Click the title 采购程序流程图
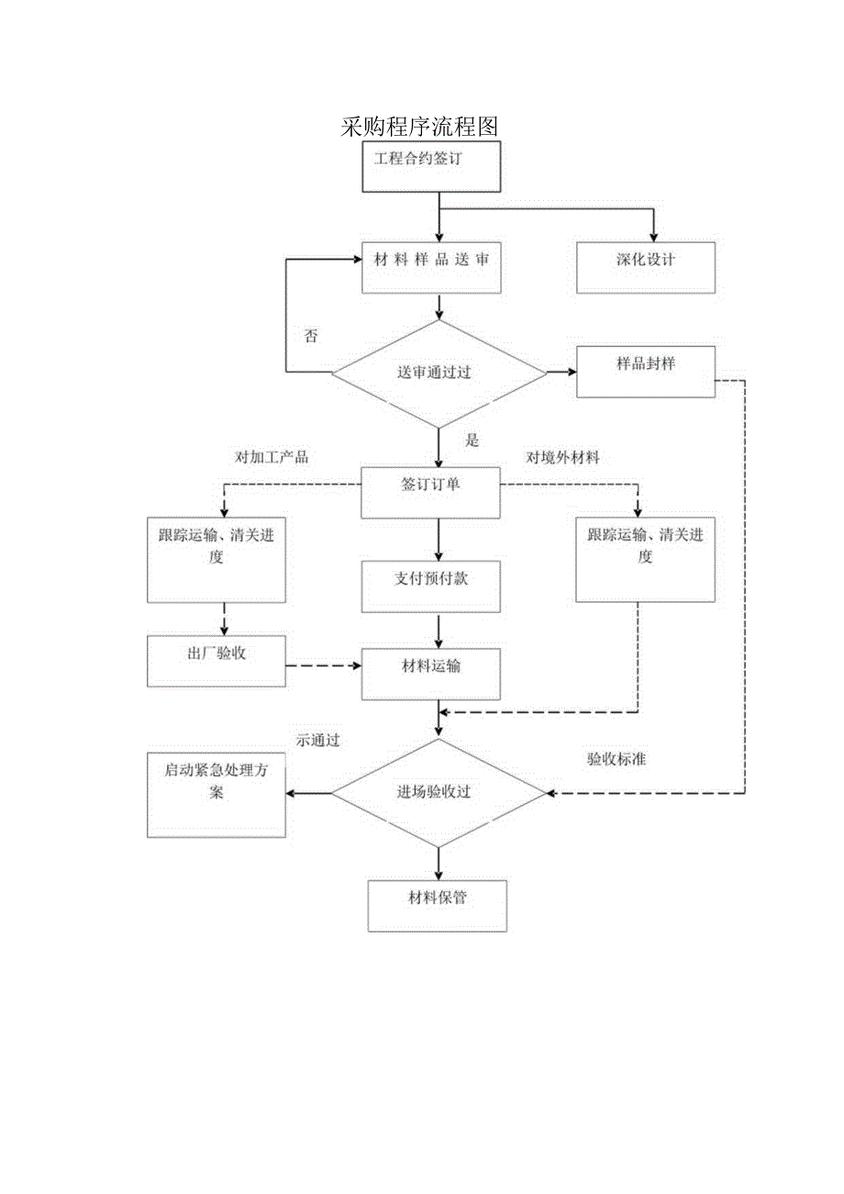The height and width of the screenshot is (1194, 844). (x=419, y=126)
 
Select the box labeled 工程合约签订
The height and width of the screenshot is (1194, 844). (x=431, y=168)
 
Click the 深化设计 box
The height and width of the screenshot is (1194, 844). (x=645, y=268)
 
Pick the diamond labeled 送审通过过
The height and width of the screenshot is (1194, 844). (x=438, y=373)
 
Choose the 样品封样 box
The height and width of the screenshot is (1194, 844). (x=645, y=372)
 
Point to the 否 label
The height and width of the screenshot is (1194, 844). (x=311, y=336)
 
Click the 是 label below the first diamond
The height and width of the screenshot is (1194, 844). (x=472, y=441)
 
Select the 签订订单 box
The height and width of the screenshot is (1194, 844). (x=431, y=493)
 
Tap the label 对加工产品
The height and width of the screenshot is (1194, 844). (x=272, y=457)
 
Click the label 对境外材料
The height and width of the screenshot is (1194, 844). (x=562, y=457)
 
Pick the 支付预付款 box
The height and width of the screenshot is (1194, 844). (x=431, y=586)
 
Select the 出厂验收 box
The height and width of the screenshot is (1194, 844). (x=216, y=662)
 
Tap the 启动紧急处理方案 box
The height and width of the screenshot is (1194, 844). (x=216, y=795)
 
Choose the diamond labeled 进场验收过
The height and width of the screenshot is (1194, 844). (x=438, y=792)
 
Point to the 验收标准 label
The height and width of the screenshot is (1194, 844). (x=616, y=760)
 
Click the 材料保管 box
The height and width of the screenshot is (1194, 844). (x=437, y=906)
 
